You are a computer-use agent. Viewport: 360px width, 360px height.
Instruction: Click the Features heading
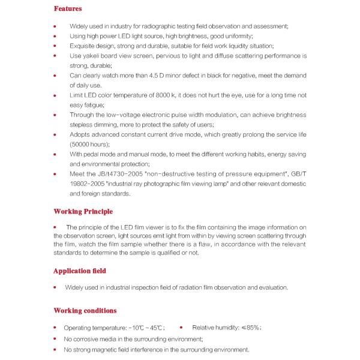68,10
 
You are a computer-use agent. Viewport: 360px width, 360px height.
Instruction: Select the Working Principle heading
83,212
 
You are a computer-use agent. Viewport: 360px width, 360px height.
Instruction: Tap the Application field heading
80,271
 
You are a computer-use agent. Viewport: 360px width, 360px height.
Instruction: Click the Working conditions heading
85,311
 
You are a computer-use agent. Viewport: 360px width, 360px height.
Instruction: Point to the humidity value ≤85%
251,328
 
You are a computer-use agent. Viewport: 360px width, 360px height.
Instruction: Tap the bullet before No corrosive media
55,339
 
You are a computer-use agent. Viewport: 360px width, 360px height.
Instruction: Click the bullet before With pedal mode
55,155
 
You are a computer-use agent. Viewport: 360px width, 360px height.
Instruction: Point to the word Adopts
80,135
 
